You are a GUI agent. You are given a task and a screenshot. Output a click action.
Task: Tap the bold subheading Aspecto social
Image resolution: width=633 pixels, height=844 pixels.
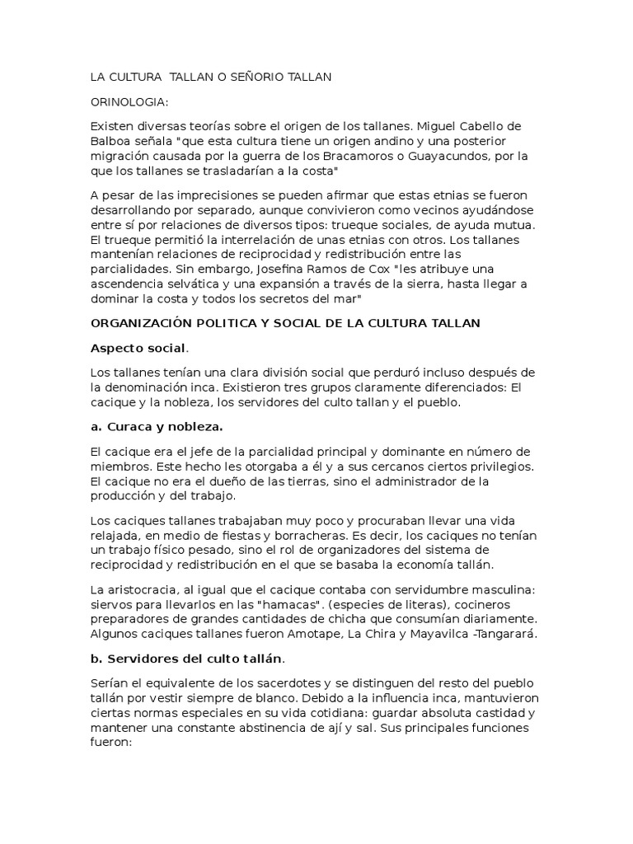click(127, 348)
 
